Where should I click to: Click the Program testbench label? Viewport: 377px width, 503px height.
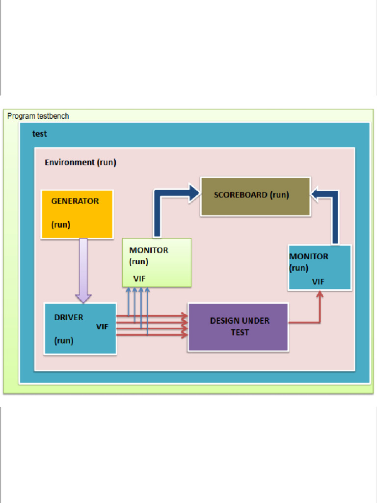click(38, 116)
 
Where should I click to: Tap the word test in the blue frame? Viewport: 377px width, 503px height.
click(40, 133)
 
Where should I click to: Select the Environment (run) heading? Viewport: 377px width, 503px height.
click(81, 163)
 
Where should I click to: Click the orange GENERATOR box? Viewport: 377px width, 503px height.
click(77, 214)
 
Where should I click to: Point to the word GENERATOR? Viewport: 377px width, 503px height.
click(75, 201)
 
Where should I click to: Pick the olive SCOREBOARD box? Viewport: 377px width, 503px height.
click(255, 196)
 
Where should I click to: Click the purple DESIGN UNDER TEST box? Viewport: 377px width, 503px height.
click(238, 327)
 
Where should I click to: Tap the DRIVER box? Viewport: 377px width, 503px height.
click(80, 328)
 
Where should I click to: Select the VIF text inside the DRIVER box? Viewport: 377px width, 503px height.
click(102, 327)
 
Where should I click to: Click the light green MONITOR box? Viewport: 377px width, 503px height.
click(157, 263)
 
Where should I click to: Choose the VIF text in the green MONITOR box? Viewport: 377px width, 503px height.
click(139, 279)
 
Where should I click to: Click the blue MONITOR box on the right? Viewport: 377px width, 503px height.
click(320, 268)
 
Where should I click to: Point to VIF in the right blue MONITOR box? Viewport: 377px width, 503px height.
click(318, 282)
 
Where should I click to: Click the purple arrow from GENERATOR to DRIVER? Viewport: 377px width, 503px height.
click(83, 270)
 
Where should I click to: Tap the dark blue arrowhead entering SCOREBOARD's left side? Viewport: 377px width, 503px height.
click(193, 193)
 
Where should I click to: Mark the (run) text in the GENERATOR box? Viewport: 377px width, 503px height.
click(61, 225)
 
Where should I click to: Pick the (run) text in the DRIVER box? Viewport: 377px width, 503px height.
click(63, 340)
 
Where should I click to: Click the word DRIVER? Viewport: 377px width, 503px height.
click(69, 317)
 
